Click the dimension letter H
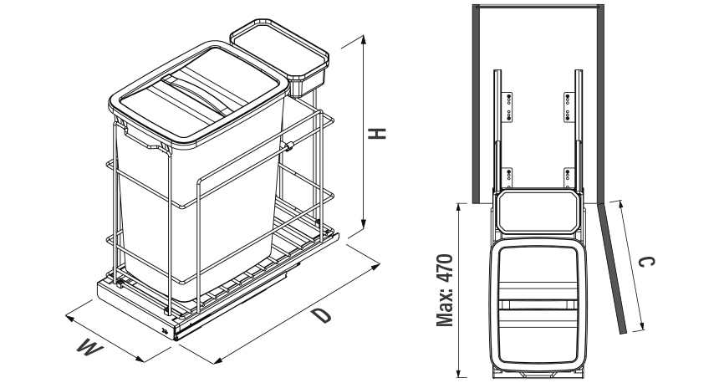click(379, 134)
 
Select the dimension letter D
click(319, 316)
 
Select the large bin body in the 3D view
click(196, 209)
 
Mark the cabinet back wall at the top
click(537, 4)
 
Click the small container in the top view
click(536, 212)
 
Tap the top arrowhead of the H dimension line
click(365, 38)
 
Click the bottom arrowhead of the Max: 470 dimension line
click(459, 374)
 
